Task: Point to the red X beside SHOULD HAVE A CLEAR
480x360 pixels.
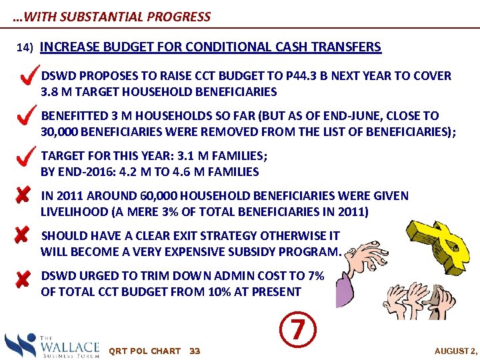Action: click(x=22, y=236)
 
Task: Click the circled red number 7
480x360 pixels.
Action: click(x=300, y=329)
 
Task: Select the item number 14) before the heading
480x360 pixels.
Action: click(x=25, y=49)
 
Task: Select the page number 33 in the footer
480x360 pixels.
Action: click(x=195, y=351)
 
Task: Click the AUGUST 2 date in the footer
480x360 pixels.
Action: click(x=455, y=351)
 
